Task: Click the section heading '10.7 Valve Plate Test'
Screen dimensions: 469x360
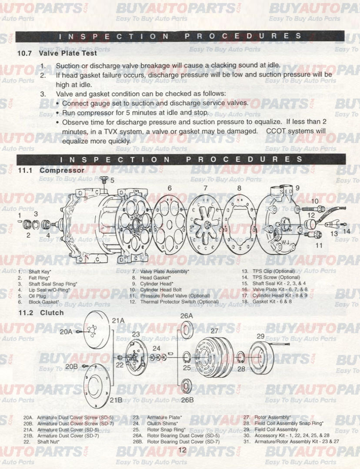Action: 57,54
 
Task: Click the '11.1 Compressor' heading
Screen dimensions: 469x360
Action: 51,170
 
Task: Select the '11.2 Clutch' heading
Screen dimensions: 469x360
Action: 40,313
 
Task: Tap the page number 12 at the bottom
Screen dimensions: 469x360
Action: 182,450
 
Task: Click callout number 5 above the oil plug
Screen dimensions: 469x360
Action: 112,180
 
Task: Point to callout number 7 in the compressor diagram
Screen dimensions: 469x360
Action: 205,188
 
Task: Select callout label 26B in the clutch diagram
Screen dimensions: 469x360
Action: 187,399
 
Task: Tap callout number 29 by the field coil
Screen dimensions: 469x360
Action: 260,336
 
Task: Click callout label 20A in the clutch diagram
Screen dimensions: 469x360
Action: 67,332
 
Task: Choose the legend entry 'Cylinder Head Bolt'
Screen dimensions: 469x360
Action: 162,290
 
